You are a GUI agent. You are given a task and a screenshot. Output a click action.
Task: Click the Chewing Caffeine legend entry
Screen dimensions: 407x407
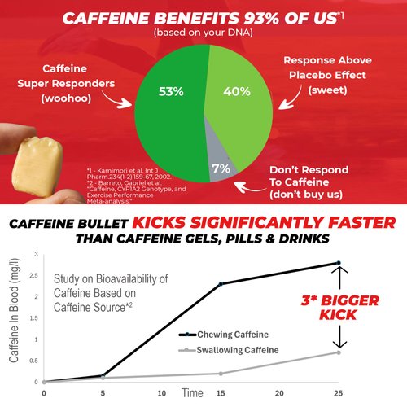[x=238, y=334]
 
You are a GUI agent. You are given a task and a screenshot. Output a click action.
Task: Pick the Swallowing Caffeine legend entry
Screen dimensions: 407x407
[x=244, y=349]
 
